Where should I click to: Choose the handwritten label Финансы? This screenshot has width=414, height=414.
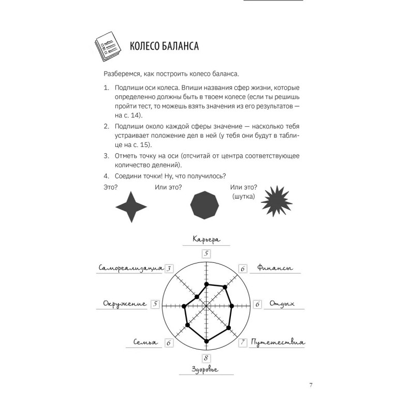click(275, 269)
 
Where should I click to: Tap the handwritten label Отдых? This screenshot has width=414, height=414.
click(282, 304)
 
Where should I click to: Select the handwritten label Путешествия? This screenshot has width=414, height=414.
click(278, 343)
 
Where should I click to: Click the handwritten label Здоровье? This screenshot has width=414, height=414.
click(206, 369)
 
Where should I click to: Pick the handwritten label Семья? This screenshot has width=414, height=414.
click(145, 343)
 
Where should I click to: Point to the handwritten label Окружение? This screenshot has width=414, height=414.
click(124, 304)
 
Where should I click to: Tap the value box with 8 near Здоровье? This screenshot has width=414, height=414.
click(206, 358)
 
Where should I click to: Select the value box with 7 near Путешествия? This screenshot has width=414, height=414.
click(242, 343)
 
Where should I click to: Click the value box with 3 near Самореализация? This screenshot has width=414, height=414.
click(170, 269)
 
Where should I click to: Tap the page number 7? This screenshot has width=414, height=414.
click(310, 385)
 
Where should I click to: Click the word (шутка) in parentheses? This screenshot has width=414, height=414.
click(244, 197)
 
